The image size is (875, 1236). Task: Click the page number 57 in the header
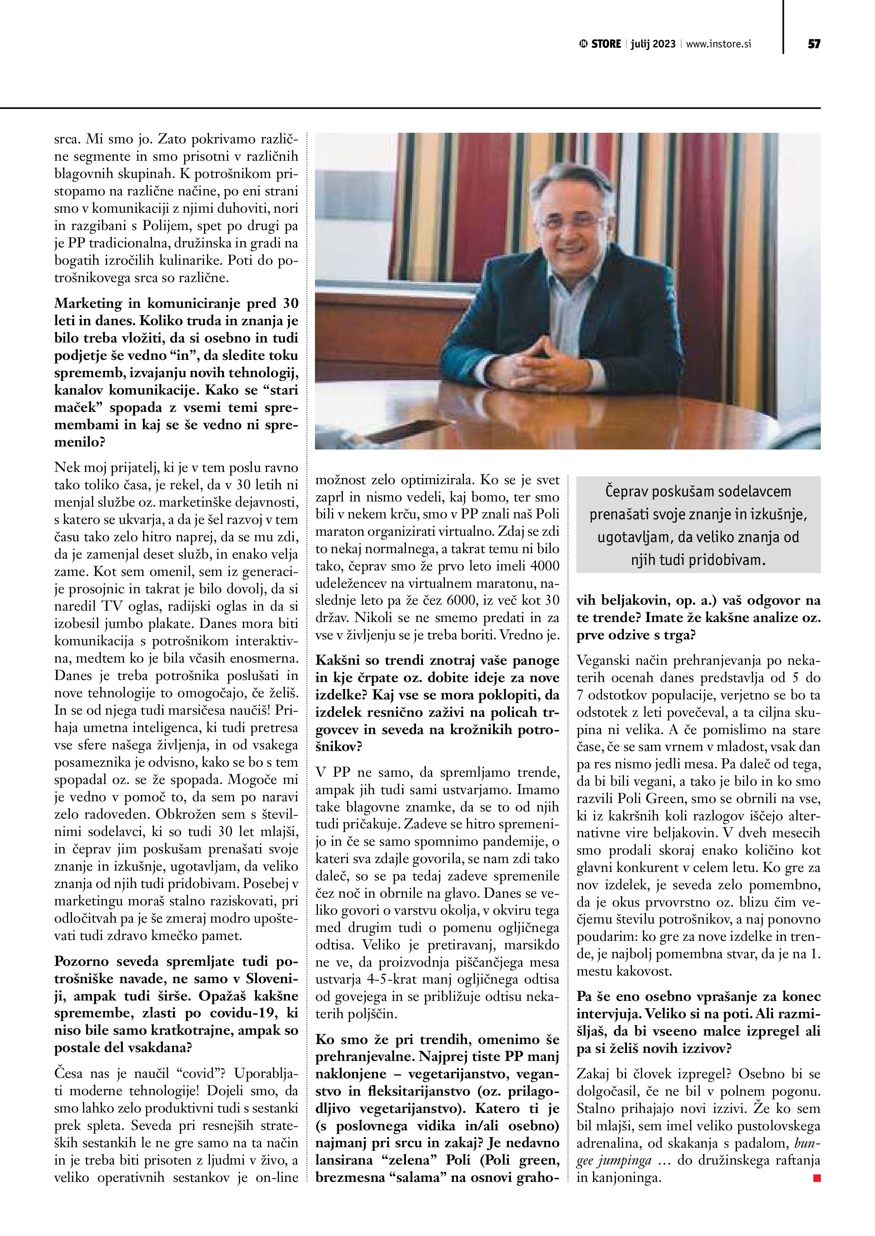[814, 44]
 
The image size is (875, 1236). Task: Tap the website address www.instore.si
[718, 44]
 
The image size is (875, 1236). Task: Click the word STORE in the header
[606, 44]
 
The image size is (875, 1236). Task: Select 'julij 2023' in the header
[653, 44]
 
